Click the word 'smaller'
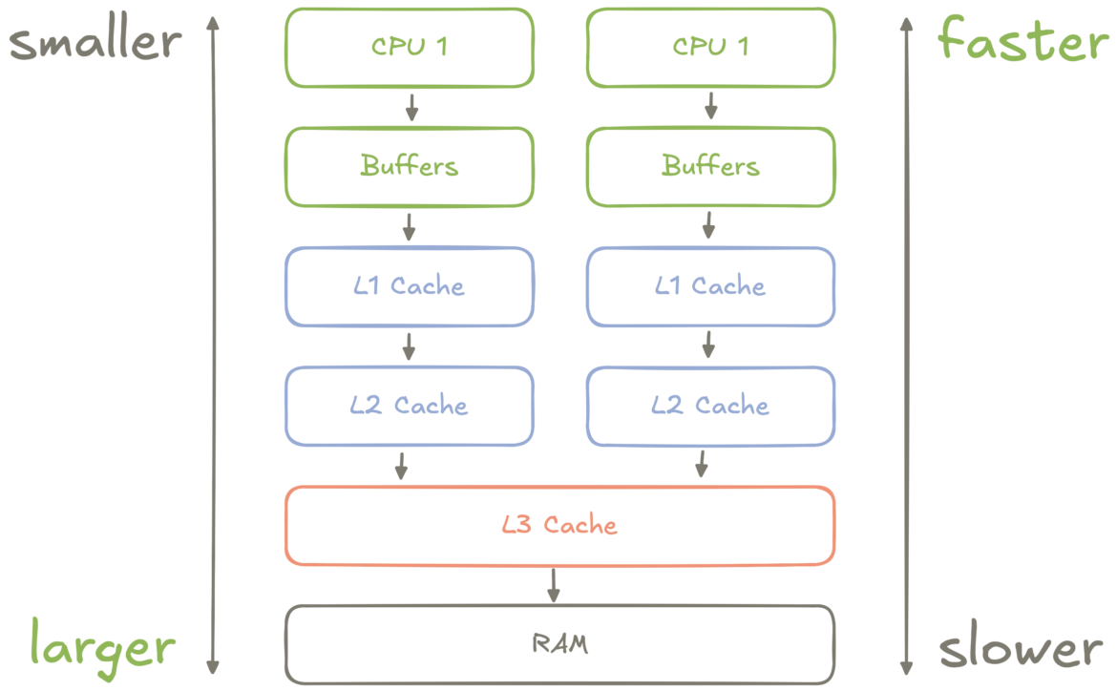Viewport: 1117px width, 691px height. [95, 42]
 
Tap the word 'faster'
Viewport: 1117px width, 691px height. [1022, 42]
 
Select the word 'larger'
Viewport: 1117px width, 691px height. [102, 647]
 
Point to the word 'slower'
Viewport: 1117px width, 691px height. [1021, 649]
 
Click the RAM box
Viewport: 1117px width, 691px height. [560, 644]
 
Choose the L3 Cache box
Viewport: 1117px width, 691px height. [560, 525]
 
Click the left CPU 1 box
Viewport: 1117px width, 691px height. [410, 48]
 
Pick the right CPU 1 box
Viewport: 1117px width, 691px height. [710, 48]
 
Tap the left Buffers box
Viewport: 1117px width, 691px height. [410, 167]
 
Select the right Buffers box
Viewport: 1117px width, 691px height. [710, 167]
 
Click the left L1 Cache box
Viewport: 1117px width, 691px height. [410, 286]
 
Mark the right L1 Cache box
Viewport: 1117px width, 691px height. [710, 286]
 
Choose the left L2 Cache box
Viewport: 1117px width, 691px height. [410, 406]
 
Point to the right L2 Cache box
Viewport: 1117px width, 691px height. [710, 406]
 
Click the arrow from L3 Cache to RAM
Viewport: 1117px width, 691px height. [553, 585]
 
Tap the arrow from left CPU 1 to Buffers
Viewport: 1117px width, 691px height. [411, 107]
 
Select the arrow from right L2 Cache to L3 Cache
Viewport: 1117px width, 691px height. [702, 465]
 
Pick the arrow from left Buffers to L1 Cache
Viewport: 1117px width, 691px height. [410, 226]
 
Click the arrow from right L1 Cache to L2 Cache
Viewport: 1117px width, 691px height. [708, 345]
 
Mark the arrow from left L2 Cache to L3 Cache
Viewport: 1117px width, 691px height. [401, 465]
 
